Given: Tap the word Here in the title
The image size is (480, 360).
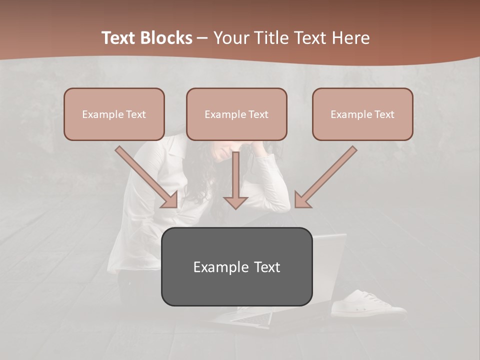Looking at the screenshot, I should [x=352, y=38].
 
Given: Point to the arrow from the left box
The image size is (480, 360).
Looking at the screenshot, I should [x=147, y=177].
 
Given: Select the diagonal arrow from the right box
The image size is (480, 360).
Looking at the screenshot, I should [x=325, y=177].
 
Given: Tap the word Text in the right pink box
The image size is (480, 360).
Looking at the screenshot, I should [x=384, y=114].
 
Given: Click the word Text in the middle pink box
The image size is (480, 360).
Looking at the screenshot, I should [x=258, y=114].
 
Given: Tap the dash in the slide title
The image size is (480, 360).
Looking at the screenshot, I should [x=202, y=38].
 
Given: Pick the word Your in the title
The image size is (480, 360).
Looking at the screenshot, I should [x=232, y=38].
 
